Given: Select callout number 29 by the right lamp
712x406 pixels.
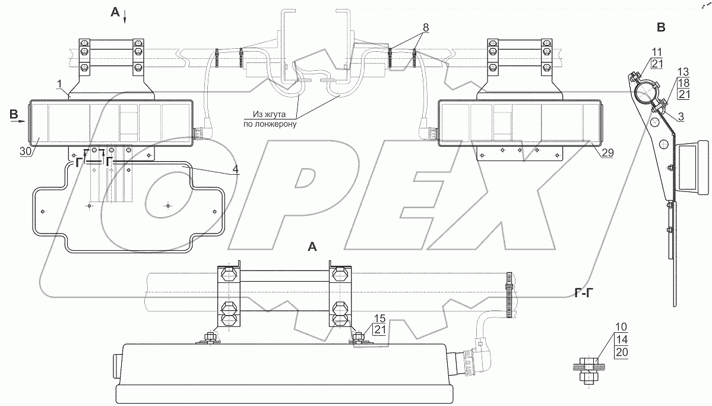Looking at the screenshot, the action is coord(608,153).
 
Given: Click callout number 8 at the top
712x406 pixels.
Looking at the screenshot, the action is coord(425,27).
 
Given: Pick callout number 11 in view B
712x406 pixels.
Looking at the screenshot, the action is coord(657,52).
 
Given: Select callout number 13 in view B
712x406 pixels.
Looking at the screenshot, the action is coord(683,72).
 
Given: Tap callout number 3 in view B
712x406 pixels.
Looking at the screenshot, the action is coord(681,117).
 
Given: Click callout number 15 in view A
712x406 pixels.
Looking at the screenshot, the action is coord(379,319).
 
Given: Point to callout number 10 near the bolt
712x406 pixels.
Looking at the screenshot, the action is coord(621,327).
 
